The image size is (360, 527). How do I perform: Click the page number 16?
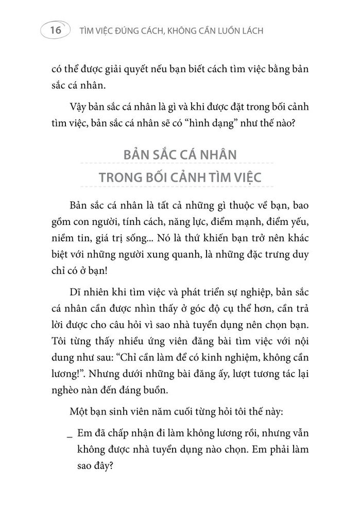(54, 30)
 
